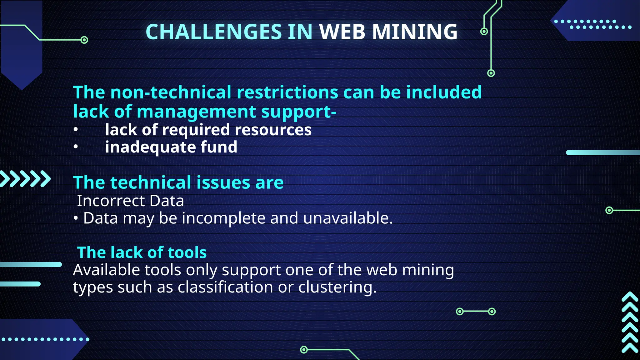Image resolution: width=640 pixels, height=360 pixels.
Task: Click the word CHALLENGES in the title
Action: point(214,32)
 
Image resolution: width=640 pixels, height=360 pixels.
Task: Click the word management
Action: point(196,112)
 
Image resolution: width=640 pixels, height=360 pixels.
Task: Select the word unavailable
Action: point(347,218)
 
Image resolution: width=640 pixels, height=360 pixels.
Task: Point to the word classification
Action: point(225,287)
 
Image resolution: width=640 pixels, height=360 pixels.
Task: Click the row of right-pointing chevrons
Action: point(25,179)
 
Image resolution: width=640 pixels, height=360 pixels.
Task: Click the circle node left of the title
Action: point(84,40)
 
